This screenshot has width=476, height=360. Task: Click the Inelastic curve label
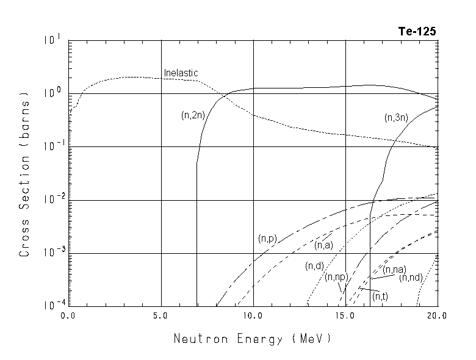[181, 73]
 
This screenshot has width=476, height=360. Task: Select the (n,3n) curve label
[396, 118]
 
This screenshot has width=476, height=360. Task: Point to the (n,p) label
[267, 238]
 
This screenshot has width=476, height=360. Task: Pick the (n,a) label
[323, 245]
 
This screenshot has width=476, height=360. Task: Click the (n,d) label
[314, 266]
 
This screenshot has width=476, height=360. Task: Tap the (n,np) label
[336, 277]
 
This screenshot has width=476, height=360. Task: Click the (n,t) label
[380, 296]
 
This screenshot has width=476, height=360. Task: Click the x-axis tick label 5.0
[161, 315]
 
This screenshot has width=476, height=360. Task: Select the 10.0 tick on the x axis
[253, 315]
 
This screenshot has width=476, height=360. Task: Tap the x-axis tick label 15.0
[345, 315]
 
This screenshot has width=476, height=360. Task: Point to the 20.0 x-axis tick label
[437, 315]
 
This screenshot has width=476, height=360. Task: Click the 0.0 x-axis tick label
[69, 315]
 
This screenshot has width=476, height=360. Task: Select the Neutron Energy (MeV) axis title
[253, 338]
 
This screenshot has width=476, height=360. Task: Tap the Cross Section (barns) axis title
[25, 174]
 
